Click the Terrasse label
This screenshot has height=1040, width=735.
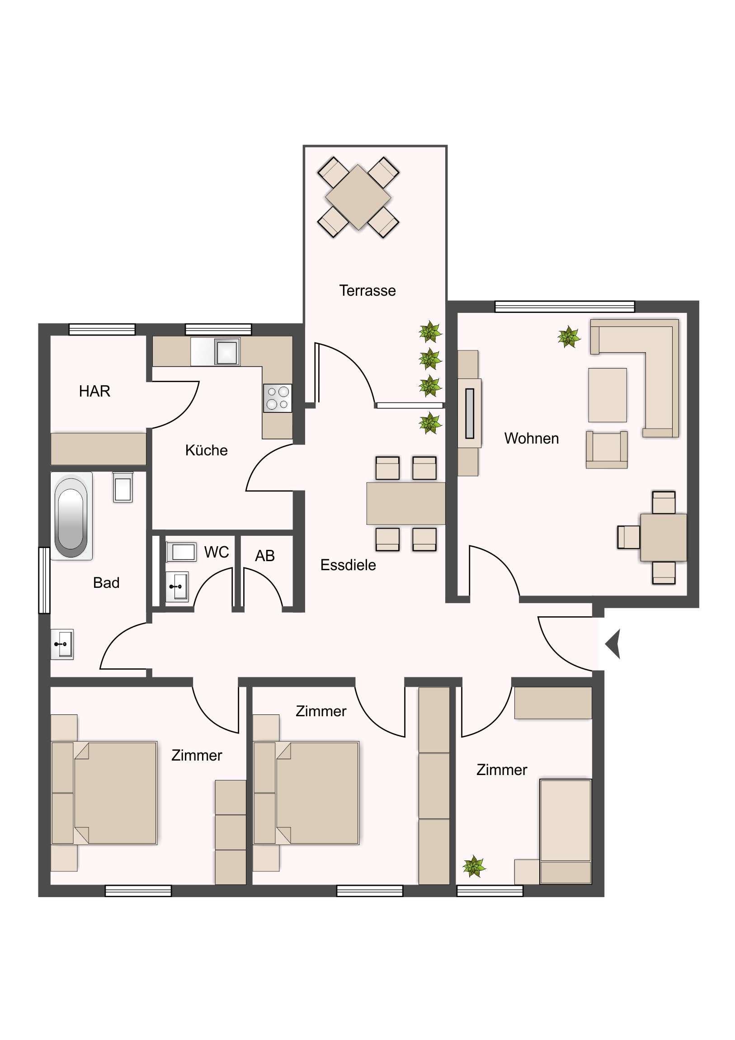367,290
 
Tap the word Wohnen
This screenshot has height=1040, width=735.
531,439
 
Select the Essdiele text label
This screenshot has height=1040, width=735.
348,565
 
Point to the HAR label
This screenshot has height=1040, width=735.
94,391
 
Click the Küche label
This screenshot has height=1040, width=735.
206,450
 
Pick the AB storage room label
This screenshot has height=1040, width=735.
265,556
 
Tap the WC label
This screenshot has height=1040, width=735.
217,552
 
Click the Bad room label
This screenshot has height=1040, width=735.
106,582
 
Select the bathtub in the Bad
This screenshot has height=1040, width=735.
71,516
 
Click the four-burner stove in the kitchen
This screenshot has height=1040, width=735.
277,398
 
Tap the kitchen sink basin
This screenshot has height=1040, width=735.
226,351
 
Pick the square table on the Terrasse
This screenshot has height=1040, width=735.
358,197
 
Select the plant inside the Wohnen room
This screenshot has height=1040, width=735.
568,337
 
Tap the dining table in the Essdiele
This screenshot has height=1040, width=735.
406,503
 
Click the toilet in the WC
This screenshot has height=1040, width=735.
182,552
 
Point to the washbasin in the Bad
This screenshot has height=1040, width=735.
62,644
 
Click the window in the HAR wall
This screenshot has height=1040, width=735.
102,329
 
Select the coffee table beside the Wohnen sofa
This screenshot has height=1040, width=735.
608,395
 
